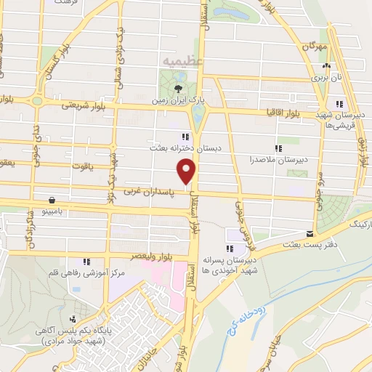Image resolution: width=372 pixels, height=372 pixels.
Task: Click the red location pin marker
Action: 187,171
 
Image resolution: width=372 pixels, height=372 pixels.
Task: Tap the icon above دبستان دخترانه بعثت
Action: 186,136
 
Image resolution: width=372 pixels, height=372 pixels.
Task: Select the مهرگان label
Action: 318,46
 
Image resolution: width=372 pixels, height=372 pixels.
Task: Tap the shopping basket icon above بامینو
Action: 52,199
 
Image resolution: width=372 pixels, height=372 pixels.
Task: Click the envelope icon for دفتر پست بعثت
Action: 310,234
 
